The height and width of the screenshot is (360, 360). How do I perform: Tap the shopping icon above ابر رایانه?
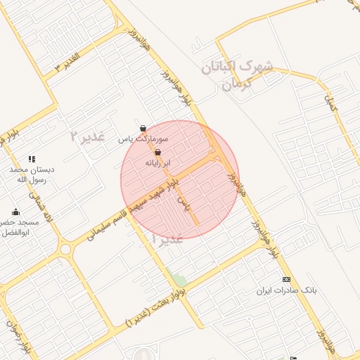coord(157,152)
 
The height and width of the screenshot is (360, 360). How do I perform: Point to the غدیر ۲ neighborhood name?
coord(87,136)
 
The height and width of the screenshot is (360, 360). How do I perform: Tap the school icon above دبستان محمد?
coord(31,160)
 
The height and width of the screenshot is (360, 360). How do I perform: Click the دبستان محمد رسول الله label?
coord(31,174)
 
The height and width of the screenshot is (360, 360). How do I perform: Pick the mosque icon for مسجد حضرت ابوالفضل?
coord(15,212)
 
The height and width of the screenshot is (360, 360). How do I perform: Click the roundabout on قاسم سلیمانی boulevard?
coord(67,248)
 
